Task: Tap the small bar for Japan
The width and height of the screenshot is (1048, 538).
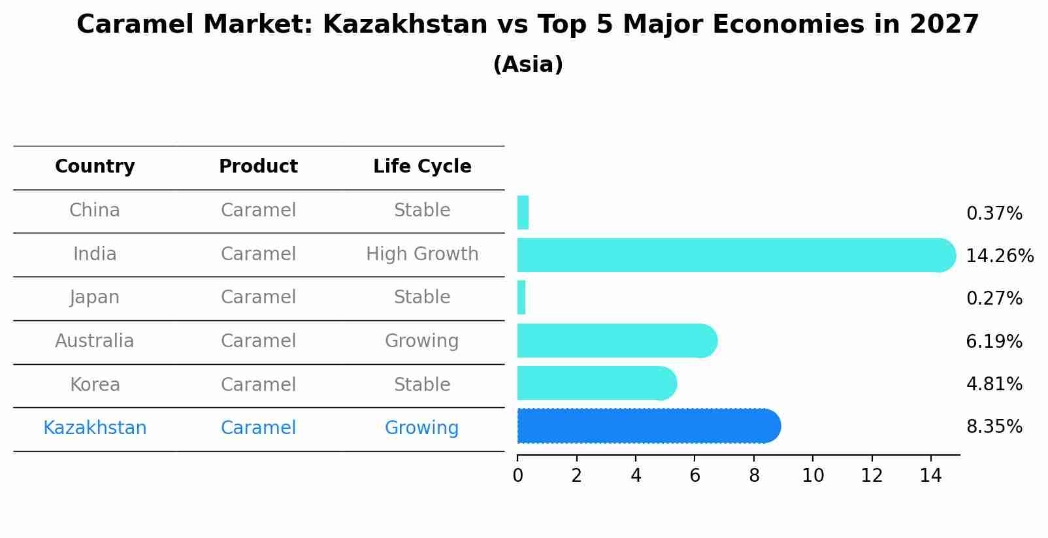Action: (521, 298)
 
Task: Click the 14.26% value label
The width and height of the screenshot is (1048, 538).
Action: (1000, 256)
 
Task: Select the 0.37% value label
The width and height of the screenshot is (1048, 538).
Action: (994, 214)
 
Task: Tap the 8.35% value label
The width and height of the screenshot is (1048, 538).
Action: (994, 427)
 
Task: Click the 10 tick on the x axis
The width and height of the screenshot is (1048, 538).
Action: (813, 476)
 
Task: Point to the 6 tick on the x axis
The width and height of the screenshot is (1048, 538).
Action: (695, 476)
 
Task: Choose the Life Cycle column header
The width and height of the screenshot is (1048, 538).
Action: (422, 167)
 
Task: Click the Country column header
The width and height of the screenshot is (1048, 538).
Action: (95, 167)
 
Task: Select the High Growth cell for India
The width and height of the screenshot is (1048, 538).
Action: (422, 254)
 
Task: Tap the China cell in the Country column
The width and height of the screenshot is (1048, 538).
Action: (95, 210)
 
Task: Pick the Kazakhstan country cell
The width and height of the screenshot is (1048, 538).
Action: (95, 428)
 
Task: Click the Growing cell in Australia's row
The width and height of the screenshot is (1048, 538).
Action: (421, 341)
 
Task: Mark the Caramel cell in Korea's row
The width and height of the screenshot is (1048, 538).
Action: (258, 385)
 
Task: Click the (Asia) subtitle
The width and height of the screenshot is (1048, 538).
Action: (528, 65)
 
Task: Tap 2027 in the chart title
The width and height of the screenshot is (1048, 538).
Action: (944, 25)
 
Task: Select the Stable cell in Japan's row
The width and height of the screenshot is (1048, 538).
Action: (421, 297)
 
